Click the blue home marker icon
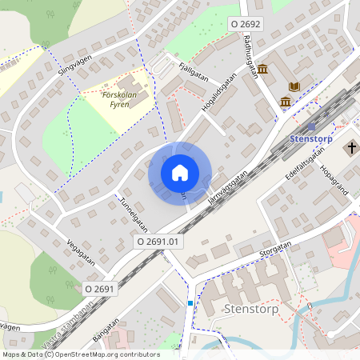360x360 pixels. click(180, 172)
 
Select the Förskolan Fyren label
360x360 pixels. click(122, 99)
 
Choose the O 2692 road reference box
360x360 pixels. click(245, 24)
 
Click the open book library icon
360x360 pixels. click(294, 86)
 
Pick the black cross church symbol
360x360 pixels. click(350, 147)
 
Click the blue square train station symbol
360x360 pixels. click(311, 126)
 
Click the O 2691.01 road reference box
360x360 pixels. click(160, 240)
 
